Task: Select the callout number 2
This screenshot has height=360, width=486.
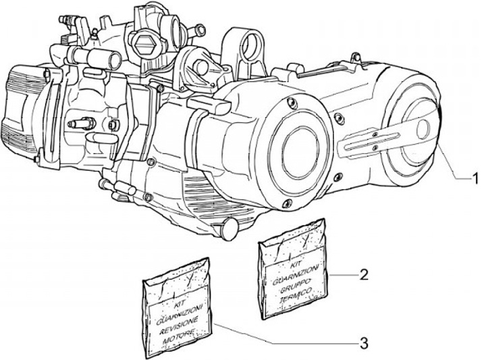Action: click(x=363, y=274)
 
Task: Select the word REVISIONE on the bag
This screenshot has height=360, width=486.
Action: click(x=179, y=325)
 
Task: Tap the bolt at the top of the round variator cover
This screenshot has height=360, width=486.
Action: click(x=290, y=102)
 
